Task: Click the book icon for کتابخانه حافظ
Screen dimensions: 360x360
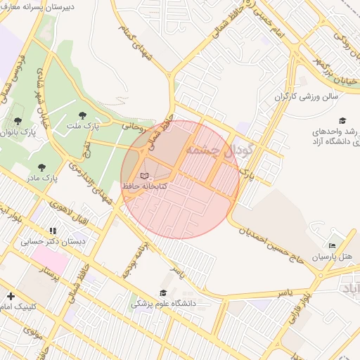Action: point(145,175)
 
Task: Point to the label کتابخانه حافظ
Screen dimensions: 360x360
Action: point(145,186)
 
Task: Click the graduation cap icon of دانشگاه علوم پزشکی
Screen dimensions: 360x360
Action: point(164,293)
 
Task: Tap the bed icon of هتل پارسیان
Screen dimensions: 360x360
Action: point(333,245)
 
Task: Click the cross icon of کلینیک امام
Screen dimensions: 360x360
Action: point(11,297)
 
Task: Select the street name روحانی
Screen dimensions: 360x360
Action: point(134,127)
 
